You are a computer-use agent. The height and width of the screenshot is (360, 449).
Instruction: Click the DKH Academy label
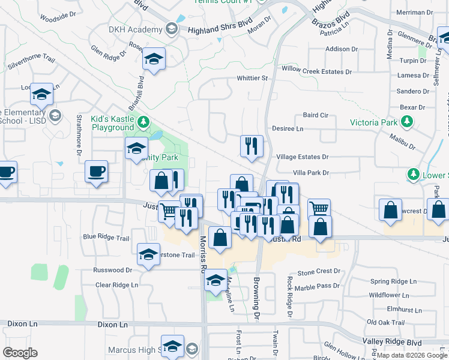click(136, 29)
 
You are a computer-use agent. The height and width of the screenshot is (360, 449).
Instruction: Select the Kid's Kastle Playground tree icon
click(143, 123)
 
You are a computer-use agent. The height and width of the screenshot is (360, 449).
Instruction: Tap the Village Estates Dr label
click(303, 157)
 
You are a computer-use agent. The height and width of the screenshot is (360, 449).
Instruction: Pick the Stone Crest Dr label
click(319, 271)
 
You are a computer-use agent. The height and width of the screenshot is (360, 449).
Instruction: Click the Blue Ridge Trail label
click(106, 238)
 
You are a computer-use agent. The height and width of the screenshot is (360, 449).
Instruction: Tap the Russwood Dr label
click(112, 271)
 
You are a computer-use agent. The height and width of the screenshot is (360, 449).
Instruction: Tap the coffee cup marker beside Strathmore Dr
click(97, 171)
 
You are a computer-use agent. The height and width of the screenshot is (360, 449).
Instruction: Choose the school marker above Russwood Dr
click(149, 254)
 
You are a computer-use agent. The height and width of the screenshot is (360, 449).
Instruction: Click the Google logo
click(20, 353)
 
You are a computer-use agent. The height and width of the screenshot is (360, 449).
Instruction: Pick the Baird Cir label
click(316, 115)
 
